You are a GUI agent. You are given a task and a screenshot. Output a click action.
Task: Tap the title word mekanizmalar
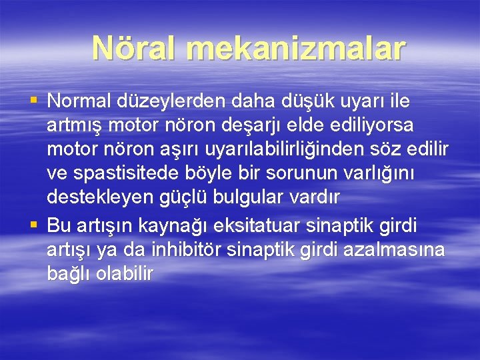pos(296,48)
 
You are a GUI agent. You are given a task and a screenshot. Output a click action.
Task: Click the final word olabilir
pos(127,273)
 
